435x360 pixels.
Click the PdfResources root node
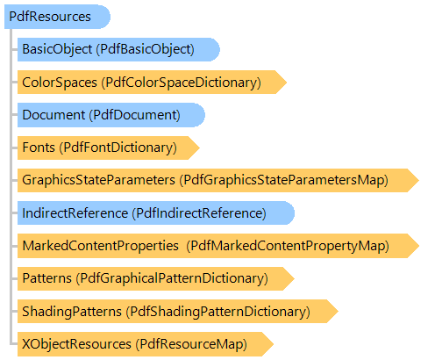57,17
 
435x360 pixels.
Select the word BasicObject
57,49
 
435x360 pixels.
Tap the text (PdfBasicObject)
146,49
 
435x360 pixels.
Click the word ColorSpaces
60,83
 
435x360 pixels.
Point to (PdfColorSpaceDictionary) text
182,83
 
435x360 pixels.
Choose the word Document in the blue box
53,115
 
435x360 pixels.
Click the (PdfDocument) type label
135,115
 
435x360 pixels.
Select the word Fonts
39,148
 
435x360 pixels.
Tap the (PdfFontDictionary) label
118,148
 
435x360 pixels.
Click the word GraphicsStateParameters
99,180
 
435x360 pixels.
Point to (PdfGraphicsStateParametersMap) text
284,180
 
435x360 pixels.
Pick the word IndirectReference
75,213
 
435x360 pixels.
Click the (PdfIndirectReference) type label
199,213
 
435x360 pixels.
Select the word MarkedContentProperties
101,246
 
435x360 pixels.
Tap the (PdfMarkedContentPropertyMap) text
288,246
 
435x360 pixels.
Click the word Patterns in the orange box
47,278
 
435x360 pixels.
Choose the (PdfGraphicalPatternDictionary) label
172,278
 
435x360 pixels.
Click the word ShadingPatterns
72,311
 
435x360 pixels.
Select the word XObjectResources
77,344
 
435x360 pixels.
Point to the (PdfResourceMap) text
191,344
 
